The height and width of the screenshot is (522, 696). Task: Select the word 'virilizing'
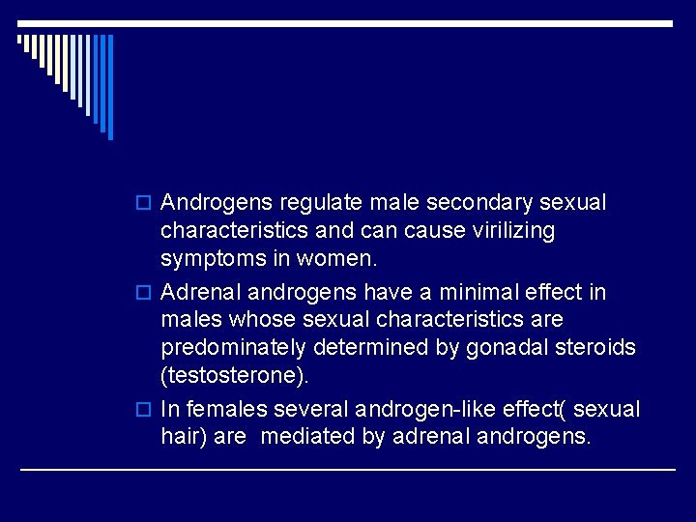click(x=510, y=231)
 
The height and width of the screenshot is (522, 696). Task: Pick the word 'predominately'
click(x=227, y=347)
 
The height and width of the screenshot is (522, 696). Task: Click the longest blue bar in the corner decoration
click(x=110, y=86)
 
